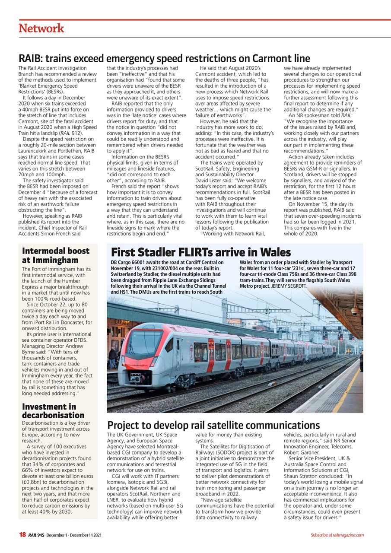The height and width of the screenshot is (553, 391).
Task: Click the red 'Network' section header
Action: click(41, 29)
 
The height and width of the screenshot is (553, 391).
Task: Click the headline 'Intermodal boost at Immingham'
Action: click(56, 255)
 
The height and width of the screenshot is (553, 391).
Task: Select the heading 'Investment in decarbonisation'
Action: click(53, 411)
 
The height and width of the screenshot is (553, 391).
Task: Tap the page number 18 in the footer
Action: click(22, 535)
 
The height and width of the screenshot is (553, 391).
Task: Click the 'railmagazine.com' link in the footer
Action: click(348, 535)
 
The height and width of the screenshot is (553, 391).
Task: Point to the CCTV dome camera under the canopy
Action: click(354, 311)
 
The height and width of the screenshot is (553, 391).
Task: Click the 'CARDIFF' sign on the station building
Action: click(121, 321)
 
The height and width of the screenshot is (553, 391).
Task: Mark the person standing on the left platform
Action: click(113, 357)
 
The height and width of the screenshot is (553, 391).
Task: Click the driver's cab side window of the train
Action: click(170, 345)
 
